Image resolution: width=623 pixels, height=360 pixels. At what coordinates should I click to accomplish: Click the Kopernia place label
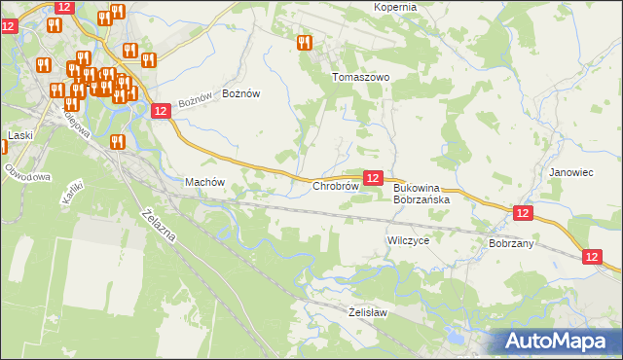point(394,7)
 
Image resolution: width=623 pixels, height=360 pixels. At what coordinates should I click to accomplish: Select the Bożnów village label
point(241,93)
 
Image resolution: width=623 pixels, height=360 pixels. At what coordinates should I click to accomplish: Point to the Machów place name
point(205,182)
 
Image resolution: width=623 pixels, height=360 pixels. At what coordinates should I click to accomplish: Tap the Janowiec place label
point(570,172)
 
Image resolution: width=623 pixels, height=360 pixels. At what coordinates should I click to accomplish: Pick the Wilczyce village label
point(408,239)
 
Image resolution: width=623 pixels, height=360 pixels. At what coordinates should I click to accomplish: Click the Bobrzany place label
point(511,243)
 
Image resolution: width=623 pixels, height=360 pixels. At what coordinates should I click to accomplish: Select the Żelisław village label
point(368,312)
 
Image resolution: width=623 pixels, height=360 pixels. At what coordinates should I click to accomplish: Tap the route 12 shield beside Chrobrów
point(372,178)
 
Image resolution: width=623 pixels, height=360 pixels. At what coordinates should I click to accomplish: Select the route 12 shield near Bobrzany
point(523,212)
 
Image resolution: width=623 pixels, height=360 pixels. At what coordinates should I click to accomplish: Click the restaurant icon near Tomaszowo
point(304,43)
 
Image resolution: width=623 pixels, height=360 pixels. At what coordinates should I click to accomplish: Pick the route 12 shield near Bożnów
point(162,112)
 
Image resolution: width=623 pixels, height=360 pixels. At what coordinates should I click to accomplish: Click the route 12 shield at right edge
point(594,256)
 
